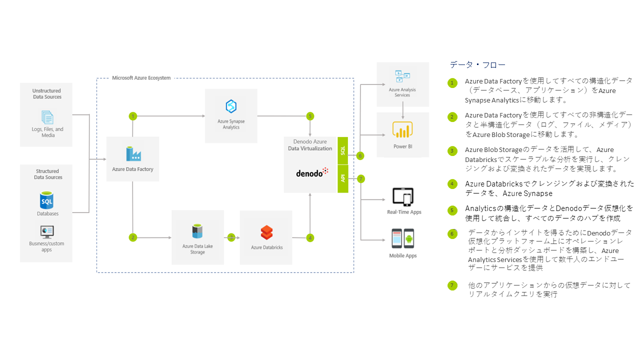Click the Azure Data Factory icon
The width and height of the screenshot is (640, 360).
[x=132, y=154]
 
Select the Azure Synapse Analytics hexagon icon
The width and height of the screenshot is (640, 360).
[x=231, y=106]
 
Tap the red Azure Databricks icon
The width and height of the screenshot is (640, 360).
[x=266, y=233]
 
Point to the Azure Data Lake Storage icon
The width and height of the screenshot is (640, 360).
[x=197, y=231]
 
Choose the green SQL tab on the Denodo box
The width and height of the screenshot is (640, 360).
[x=342, y=150]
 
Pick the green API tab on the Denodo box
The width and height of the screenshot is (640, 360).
[x=342, y=178]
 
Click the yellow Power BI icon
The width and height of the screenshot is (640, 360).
[x=402, y=130]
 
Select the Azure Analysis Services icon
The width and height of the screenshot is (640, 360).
[x=402, y=76]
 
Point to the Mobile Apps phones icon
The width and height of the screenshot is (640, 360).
[x=402, y=239]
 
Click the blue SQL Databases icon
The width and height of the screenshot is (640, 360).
[x=47, y=200]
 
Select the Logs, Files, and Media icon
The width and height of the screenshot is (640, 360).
[x=47, y=117]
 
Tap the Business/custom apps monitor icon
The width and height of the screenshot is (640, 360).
[x=47, y=231]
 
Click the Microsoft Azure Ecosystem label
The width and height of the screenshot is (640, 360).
[x=141, y=78]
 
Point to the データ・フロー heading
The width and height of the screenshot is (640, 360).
[x=477, y=65]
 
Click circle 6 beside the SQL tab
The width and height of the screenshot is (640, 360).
[x=360, y=156]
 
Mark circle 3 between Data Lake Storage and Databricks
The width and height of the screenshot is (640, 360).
[x=231, y=237]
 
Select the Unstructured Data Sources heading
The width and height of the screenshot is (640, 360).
[x=47, y=94]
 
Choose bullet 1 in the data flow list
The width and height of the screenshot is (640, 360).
[x=452, y=82]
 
